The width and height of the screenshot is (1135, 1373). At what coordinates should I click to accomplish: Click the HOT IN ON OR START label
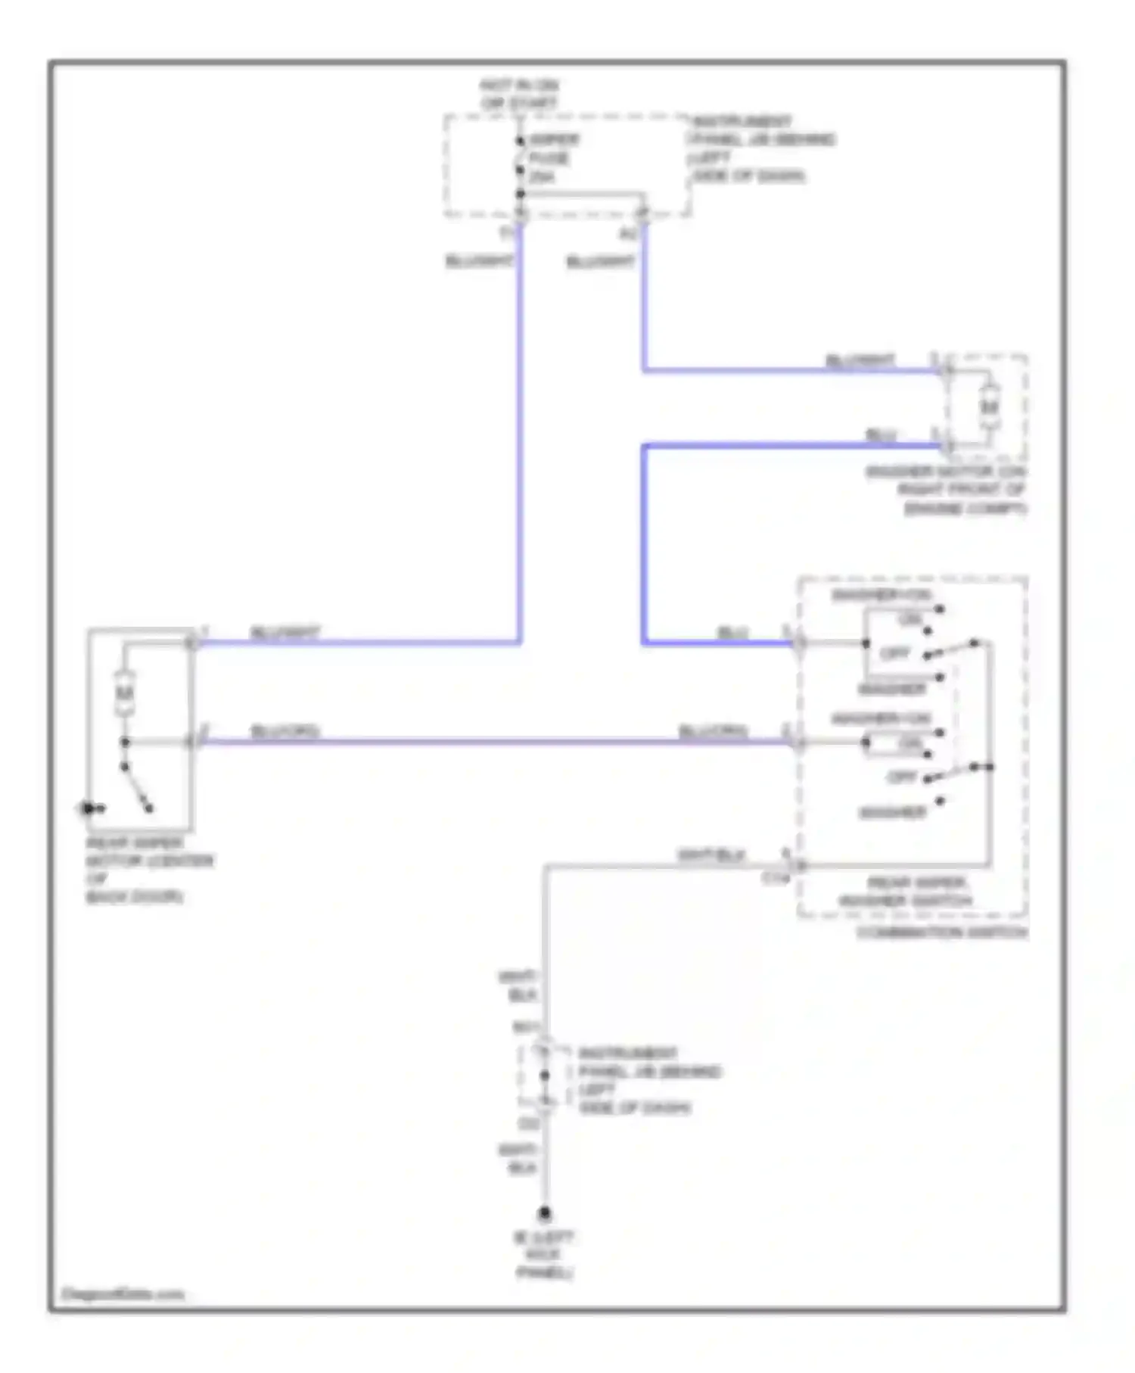pyautogui.click(x=519, y=94)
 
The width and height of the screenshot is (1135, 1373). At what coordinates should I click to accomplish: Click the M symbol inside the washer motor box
pyautogui.click(x=989, y=407)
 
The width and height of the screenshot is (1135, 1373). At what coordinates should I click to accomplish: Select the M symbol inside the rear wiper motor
pyautogui.click(x=124, y=693)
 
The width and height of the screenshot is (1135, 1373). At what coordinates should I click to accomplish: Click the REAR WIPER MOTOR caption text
pyautogui.click(x=148, y=869)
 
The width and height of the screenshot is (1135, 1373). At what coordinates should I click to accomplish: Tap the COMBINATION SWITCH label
pyautogui.click(x=942, y=932)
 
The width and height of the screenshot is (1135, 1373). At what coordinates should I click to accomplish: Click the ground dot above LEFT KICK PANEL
pyautogui.click(x=544, y=1213)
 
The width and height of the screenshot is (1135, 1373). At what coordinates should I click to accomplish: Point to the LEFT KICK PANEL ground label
pyautogui.click(x=544, y=1255)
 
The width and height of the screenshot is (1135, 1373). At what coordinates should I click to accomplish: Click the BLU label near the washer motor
pyautogui.click(x=880, y=435)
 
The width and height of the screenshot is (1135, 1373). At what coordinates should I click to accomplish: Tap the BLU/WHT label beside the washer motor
pyautogui.click(x=860, y=360)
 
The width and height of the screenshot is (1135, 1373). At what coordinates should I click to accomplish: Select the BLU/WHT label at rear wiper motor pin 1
pyautogui.click(x=285, y=633)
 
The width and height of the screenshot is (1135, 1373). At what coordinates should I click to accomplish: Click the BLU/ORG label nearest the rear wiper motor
pyautogui.click(x=285, y=731)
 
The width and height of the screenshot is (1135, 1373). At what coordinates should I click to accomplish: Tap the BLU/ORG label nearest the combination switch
pyautogui.click(x=713, y=731)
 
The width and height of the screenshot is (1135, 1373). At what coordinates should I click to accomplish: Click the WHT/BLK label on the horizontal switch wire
pyautogui.click(x=711, y=855)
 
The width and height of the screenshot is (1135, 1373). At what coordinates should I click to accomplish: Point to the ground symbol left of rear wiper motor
pyautogui.click(x=89, y=808)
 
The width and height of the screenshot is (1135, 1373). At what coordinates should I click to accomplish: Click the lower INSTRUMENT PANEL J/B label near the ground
pyautogui.click(x=648, y=1080)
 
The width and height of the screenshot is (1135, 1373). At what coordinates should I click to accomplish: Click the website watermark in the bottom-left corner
pyautogui.click(x=123, y=1294)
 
